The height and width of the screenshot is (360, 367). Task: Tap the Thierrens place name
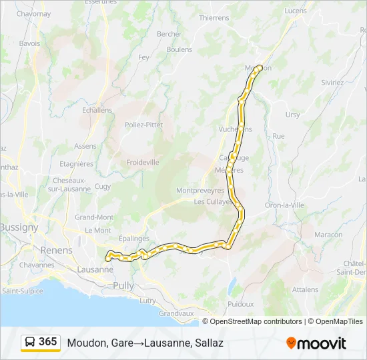click(x=214, y=18)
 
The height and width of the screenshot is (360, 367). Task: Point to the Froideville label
click(x=143, y=162)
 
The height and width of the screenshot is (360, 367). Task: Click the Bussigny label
click(x=19, y=227)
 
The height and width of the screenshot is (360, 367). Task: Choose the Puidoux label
click(x=240, y=303)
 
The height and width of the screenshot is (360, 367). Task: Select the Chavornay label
click(x=33, y=13)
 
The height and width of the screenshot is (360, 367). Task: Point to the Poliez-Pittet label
click(x=143, y=125)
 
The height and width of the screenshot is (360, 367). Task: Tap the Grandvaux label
click(x=176, y=313)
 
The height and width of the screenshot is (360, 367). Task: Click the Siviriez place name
click(x=332, y=83)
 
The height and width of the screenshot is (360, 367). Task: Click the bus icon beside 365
click(x=31, y=343)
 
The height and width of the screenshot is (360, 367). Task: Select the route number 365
click(x=48, y=342)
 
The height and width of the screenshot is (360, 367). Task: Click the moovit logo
click(x=316, y=343)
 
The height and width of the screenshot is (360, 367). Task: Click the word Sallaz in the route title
click(x=209, y=343)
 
